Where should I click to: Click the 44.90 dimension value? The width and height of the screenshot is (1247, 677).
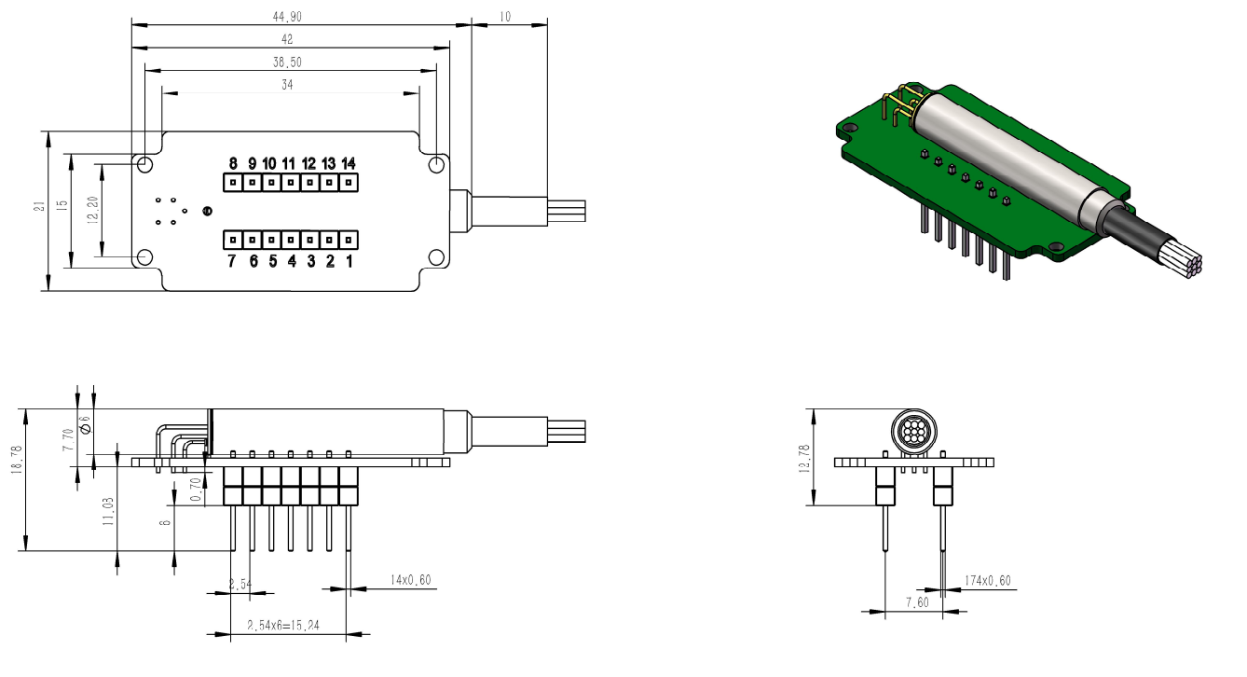click(x=290, y=16)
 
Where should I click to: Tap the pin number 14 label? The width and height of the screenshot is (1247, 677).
click(x=349, y=163)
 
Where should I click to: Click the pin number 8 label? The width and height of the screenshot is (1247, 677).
click(x=233, y=163)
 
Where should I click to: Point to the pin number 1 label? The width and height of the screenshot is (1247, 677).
click(x=349, y=261)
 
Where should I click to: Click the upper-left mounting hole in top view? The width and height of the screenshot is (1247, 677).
click(x=145, y=164)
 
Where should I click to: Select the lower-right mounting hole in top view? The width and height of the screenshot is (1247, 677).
click(x=437, y=257)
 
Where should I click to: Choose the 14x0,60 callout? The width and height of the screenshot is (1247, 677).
click(x=410, y=580)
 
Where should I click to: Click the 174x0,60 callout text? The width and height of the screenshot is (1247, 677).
click(x=988, y=581)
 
